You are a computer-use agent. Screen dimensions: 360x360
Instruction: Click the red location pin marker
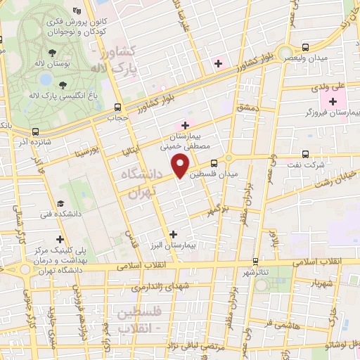click(x=181, y=165)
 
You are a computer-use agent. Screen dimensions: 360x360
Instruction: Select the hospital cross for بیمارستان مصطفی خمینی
click(x=185, y=124)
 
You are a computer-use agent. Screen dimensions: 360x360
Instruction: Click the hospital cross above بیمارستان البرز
click(x=174, y=233)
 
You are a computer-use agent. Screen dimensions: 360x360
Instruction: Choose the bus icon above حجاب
click(x=117, y=108)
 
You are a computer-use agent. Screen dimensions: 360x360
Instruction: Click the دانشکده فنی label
click(x=60, y=212)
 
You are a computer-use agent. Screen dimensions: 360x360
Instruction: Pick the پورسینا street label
click(x=91, y=150)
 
